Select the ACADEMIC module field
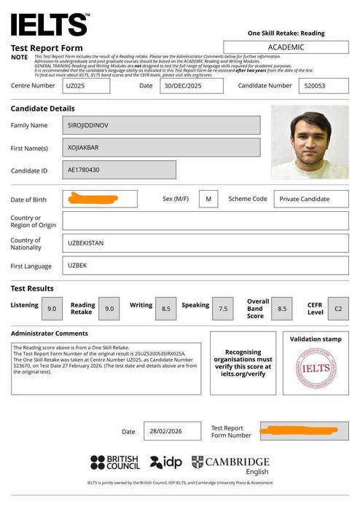pyautogui.click(x=286, y=47)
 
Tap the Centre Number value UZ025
pyautogui.click(x=87, y=86)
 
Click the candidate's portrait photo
pyautogui.click(x=309, y=143)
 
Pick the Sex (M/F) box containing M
pyautogui.click(x=208, y=199)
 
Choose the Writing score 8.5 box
pyautogui.click(x=166, y=309)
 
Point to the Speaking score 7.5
pyautogui.click(x=222, y=309)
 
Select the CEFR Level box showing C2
pyautogui.click(x=337, y=309)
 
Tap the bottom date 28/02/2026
pyautogui.click(x=172, y=431)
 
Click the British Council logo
pyautogui.click(x=114, y=462)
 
